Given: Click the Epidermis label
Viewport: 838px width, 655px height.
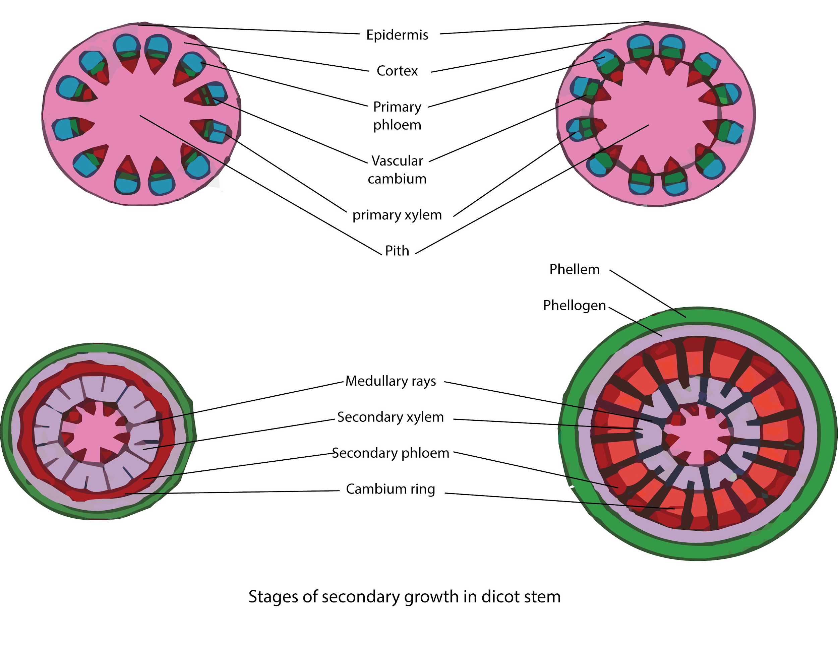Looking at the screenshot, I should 397,35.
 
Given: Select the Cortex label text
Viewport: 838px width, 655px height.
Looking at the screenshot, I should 397,71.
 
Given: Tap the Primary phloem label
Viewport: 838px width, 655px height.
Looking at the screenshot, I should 397,116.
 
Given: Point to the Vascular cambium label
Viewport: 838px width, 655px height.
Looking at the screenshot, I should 397,170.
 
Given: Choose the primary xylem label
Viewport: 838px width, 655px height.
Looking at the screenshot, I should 397,215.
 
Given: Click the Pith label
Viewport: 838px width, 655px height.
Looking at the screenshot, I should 397,251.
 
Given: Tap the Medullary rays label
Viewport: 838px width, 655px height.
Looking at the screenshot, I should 390,381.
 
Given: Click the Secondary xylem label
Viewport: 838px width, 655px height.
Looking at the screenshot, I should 390,417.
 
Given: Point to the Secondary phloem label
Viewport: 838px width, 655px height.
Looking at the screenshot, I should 390,453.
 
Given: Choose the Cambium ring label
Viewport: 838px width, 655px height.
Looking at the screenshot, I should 390,489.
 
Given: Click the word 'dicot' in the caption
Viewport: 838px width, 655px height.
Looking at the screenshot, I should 498,597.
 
